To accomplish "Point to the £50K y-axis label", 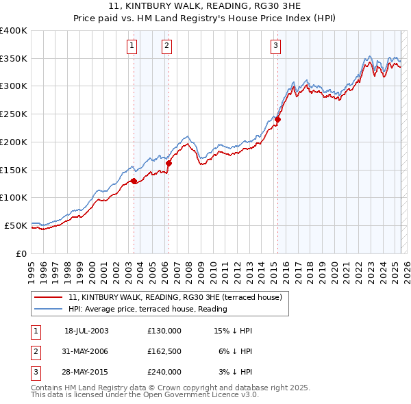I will [x=16, y=225].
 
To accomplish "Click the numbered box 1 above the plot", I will [x=132, y=47].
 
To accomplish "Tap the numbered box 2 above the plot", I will [x=166, y=47].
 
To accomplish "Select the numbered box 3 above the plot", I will [x=275, y=47].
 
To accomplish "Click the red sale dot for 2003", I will [x=134, y=181].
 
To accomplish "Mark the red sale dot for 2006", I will [x=169, y=163].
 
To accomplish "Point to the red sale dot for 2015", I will [x=278, y=120].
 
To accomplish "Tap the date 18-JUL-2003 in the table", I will [x=86, y=331].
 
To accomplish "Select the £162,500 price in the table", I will [x=164, y=351].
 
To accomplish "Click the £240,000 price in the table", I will [x=164, y=372].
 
